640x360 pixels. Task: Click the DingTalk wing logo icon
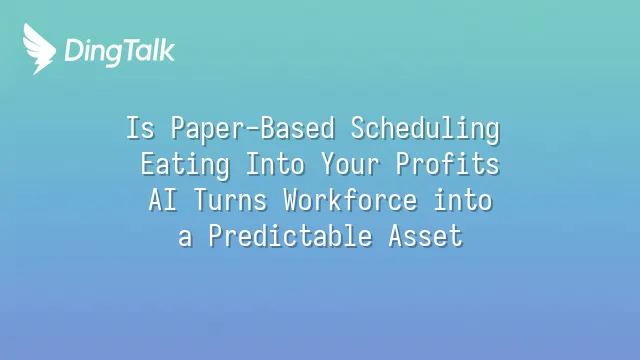39,49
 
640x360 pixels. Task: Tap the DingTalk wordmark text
120,52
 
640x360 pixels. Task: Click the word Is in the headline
140,128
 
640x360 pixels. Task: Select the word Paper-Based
253,129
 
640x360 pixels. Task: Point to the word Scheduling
425,129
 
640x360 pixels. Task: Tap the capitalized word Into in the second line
276,164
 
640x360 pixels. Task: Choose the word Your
350,164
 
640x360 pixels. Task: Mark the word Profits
448,164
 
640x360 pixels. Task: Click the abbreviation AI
162,200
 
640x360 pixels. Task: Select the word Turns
230,200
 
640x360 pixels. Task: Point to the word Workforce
350,200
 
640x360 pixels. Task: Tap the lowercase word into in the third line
463,200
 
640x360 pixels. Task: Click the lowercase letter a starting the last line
185,238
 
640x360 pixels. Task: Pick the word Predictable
290,236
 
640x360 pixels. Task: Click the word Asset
425,236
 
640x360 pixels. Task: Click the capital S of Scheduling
358,128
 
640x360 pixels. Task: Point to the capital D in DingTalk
74,51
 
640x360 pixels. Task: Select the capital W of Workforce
290,200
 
